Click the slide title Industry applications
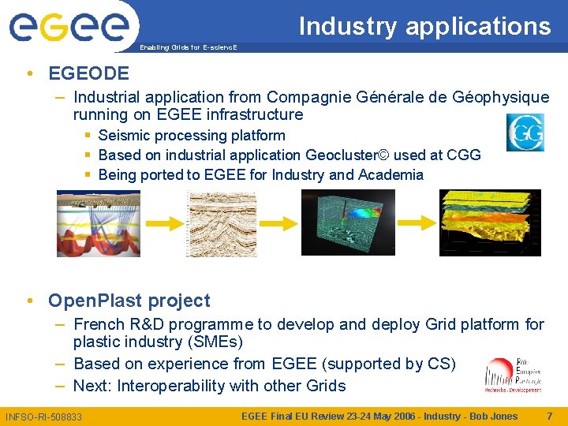(424, 26)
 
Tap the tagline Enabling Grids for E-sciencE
(187, 48)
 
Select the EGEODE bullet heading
(88, 73)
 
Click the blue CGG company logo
(525, 133)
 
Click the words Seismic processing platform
(192, 135)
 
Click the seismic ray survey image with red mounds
(98, 223)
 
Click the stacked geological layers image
(490, 222)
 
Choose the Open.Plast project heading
(129, 301)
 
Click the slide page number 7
(549, 416)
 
